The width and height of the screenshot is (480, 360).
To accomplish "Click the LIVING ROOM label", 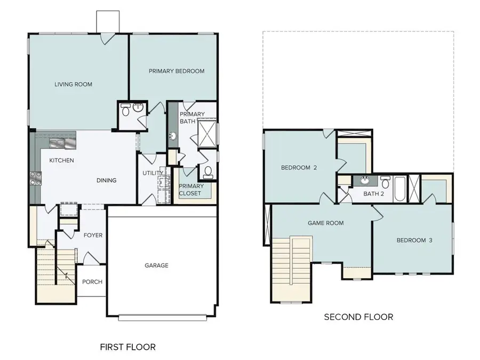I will [x=74, y=84].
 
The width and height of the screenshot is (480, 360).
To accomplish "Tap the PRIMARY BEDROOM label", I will [x=177, y=71].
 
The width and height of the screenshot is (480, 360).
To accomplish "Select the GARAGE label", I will [x=157, y=265].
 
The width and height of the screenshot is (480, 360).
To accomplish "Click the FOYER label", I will [x=93, y=235].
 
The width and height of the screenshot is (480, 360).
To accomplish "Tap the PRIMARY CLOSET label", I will [x=190, y=189].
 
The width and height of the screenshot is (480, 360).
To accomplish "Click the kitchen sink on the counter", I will [x=57, y=143].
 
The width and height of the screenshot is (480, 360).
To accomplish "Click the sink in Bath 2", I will [x=365, y=180].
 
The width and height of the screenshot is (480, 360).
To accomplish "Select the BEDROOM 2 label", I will [x=299, y=167].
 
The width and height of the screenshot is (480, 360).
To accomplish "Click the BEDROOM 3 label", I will [x=414, y=240].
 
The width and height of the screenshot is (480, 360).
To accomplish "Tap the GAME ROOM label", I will [x=325, y=223].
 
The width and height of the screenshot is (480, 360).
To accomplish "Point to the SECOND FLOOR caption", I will [x=358, y=317].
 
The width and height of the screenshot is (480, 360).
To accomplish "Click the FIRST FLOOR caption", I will [x=128, y=347].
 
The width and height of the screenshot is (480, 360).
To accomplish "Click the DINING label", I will [x=106, y=180].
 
